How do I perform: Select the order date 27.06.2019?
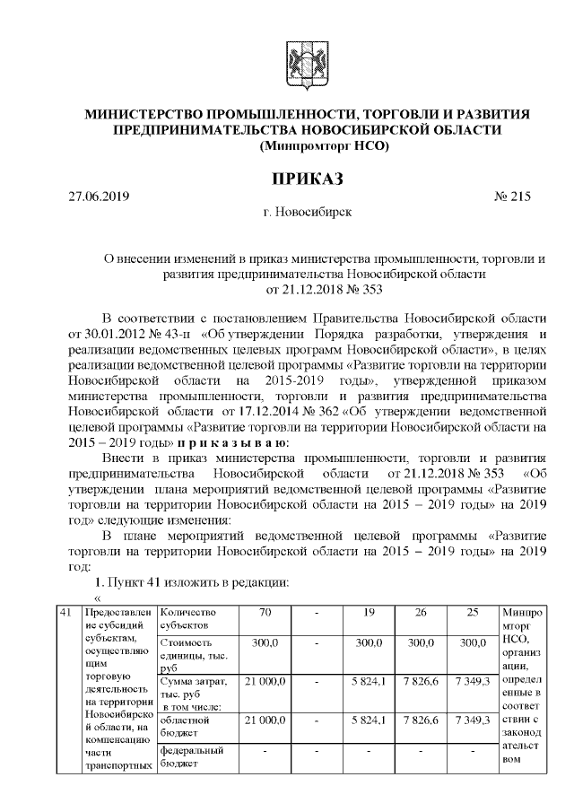coord(100,197)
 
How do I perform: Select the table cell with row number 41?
coord(65,613)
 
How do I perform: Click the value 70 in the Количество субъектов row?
coord(265,613)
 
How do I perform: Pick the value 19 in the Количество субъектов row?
coord(369,613)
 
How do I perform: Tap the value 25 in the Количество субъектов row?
coord(472,613)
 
